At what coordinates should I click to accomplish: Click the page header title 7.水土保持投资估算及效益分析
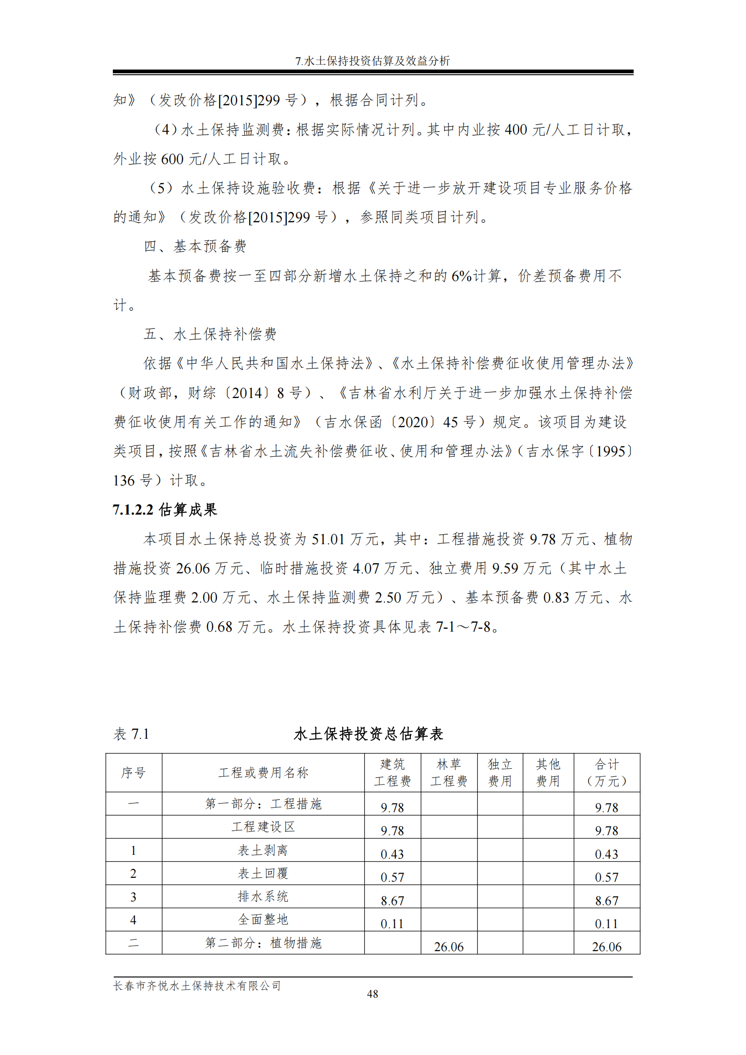372,61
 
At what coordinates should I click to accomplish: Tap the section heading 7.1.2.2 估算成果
165,509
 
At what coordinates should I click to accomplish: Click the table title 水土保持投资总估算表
368,734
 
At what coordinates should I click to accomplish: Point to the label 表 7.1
131,734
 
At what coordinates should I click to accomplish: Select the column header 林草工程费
448,773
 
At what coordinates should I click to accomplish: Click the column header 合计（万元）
606,773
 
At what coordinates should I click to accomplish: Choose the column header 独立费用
500,773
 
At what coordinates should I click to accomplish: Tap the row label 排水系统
263,897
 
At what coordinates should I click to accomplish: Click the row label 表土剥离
263,850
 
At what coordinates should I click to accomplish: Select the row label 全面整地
263,920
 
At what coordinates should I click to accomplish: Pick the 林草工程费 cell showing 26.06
448,946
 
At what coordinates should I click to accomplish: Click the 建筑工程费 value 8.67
392,900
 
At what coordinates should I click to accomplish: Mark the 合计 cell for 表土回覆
606,877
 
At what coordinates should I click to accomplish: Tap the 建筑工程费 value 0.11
392,923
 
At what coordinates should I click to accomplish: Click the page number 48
372,994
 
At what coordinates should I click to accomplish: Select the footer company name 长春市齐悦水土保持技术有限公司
197,985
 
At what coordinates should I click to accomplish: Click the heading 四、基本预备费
195,246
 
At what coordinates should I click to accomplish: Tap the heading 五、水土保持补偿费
210,334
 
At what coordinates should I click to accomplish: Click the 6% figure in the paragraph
461,276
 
